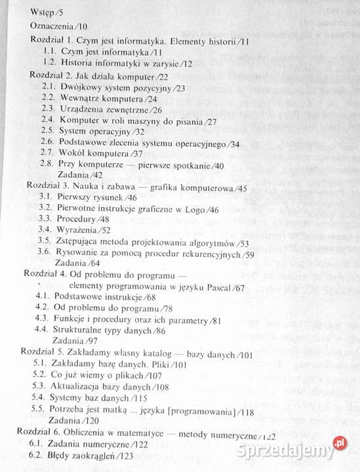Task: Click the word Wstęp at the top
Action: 43,12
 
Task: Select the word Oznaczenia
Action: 52,26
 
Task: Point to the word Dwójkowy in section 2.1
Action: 81,87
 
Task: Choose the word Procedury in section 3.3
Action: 77,219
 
